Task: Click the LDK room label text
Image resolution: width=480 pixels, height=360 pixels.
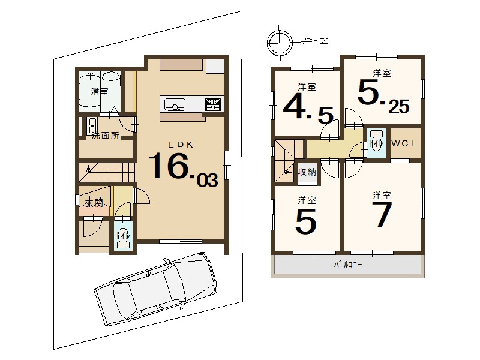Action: click(181, 145)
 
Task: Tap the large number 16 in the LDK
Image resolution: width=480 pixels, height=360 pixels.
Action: click(168, 166)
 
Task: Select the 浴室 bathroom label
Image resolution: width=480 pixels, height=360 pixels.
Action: click(100, 91)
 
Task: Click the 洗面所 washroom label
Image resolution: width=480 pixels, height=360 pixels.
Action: click(106, 136)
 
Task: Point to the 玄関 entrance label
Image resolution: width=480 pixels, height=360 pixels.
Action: click(94, 203)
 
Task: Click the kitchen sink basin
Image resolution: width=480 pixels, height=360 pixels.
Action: click(175, 104)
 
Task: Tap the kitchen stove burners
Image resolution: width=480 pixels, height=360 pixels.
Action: click(213, 104)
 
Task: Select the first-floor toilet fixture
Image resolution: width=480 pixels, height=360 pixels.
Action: click(123, 237)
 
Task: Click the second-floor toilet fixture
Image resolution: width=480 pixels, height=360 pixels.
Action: click(377, 140)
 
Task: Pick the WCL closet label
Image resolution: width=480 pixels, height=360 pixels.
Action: click(404, 143)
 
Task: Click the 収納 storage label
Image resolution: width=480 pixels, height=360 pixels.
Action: click(307, 172)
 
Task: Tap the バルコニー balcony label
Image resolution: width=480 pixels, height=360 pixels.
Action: click(348, 264)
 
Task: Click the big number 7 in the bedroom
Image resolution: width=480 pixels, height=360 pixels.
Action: click(382, 214)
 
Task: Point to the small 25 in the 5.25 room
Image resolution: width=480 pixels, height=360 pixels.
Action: click(399, 107)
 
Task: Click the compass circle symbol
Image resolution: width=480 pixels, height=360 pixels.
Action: click(280, 42)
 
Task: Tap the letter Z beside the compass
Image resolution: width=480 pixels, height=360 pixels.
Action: click(324, 40)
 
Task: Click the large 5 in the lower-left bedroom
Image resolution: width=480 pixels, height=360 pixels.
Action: click(305, 221)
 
